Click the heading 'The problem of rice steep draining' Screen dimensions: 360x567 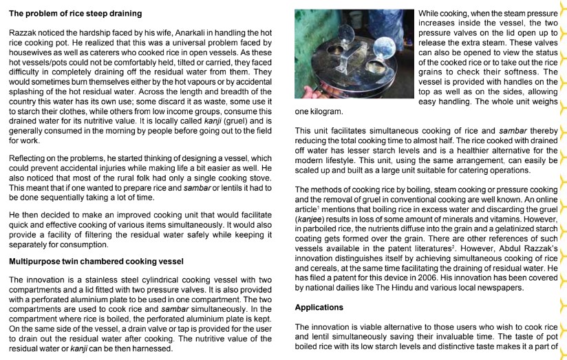[76, 13]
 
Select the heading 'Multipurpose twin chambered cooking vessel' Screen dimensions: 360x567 [96, 262]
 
